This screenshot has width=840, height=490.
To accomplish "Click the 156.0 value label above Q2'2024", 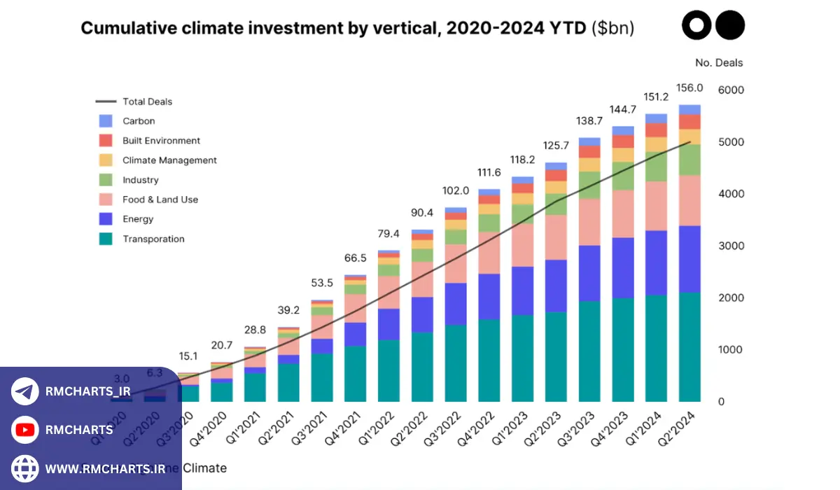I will click(x=689, y=89).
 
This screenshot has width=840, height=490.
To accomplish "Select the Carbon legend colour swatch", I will click(x=106, y=121).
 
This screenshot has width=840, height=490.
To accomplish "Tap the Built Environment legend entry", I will click(x=161, y=141).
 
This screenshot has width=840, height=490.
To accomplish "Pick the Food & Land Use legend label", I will click(x=160, y=199).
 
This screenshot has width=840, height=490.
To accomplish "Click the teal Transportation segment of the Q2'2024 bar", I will click(x=689, y=346).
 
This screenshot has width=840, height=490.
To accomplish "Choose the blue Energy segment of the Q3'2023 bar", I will click(x=589, y=273).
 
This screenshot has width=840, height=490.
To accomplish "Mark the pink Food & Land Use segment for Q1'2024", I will click(x=656, y=206).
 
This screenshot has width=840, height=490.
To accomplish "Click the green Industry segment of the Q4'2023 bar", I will click(x=622, y=176).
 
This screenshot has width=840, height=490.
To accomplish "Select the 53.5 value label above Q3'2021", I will click(x=322, y=283).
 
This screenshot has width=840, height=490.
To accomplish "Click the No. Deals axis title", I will click(x=719, y=63).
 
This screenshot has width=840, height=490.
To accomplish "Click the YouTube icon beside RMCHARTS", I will click(x=25, y=430).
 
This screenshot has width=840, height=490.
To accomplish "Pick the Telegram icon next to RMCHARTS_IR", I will click(x=25, y=391).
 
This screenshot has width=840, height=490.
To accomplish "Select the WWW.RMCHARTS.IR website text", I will click(x=105, y=468).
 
